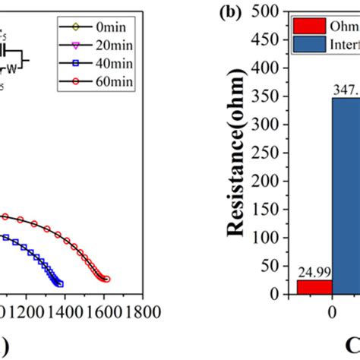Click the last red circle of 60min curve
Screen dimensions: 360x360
(x=106, y=279)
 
